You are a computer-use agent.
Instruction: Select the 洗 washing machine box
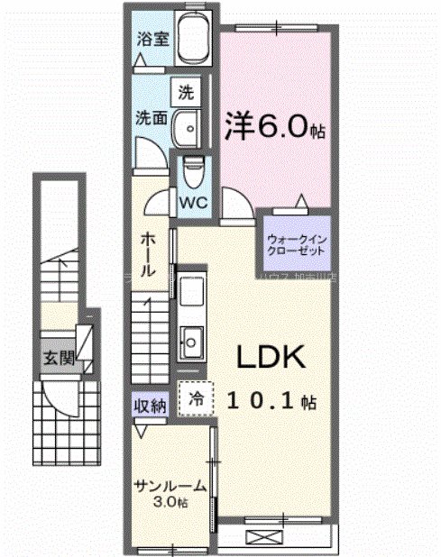pyautogui.click(x=185, y=92)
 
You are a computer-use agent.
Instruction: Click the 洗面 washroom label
pyautogui.click(x=150, y=117)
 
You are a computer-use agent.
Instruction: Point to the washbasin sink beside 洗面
pyautogui.click(x=188, y=128)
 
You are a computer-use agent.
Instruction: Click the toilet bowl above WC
pyautogui.click(x=191, y=169)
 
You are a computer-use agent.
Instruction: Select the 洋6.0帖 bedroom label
pyautogui.click(x=274, y=127)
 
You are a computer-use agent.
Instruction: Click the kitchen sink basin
pyautogui.click(x=191, y=339)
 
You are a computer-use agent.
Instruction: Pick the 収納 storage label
pyautogui.click(x=151, y=406)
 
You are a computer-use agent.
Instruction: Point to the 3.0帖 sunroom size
pyautogui.click(x=170, y=502)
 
